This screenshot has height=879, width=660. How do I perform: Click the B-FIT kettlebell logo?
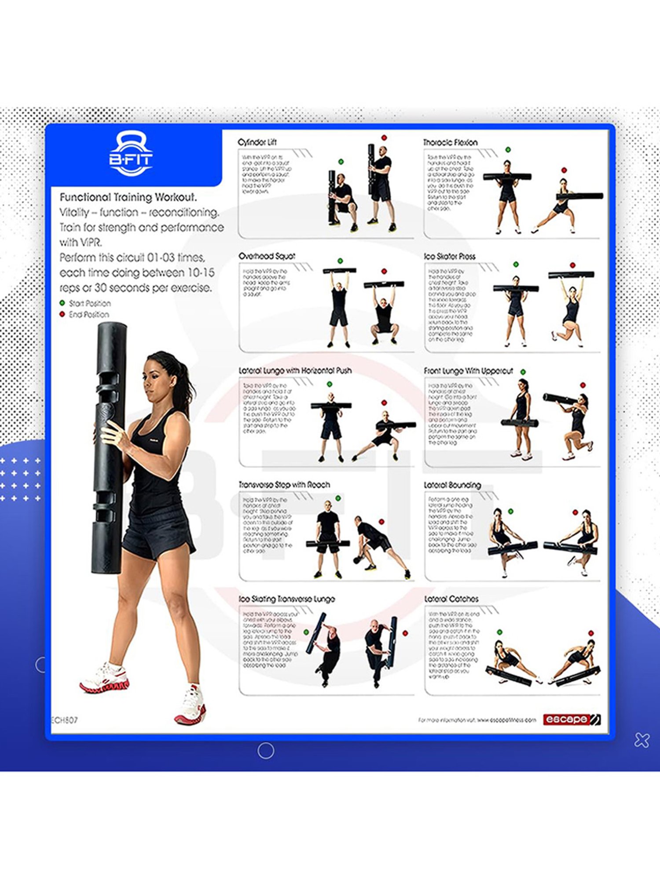(131, 154)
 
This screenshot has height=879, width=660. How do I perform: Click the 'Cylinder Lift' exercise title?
(257, 142)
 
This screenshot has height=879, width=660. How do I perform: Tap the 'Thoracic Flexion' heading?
(450, 142)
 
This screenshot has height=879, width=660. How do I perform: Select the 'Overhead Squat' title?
(267, 256)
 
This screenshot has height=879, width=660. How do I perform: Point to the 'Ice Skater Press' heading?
(449, 256)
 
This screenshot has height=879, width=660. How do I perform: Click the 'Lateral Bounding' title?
(452, 485)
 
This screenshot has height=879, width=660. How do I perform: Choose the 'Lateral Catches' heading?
(451, 599)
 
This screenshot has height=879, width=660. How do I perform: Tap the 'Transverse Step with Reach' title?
(284, 484)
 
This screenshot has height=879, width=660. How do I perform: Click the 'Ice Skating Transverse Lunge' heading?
(286, 599)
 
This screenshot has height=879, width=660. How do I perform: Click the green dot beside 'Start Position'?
(62, 303)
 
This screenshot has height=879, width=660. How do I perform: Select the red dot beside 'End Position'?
(62, 314)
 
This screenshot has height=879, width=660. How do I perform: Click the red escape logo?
(571, 719)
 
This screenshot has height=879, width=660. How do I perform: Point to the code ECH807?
(65, 720)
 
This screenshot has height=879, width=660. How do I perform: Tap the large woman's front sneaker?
(191, 706)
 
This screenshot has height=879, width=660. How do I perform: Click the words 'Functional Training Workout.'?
(128, 197)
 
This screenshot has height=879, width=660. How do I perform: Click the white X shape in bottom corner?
(642, 740)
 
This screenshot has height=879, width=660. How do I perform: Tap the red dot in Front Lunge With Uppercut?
(583, 385)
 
